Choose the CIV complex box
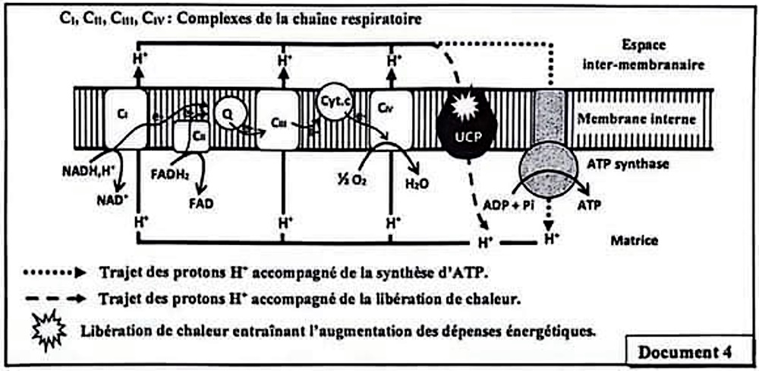[x=392, y=119]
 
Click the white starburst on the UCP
[x=463, y=106]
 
